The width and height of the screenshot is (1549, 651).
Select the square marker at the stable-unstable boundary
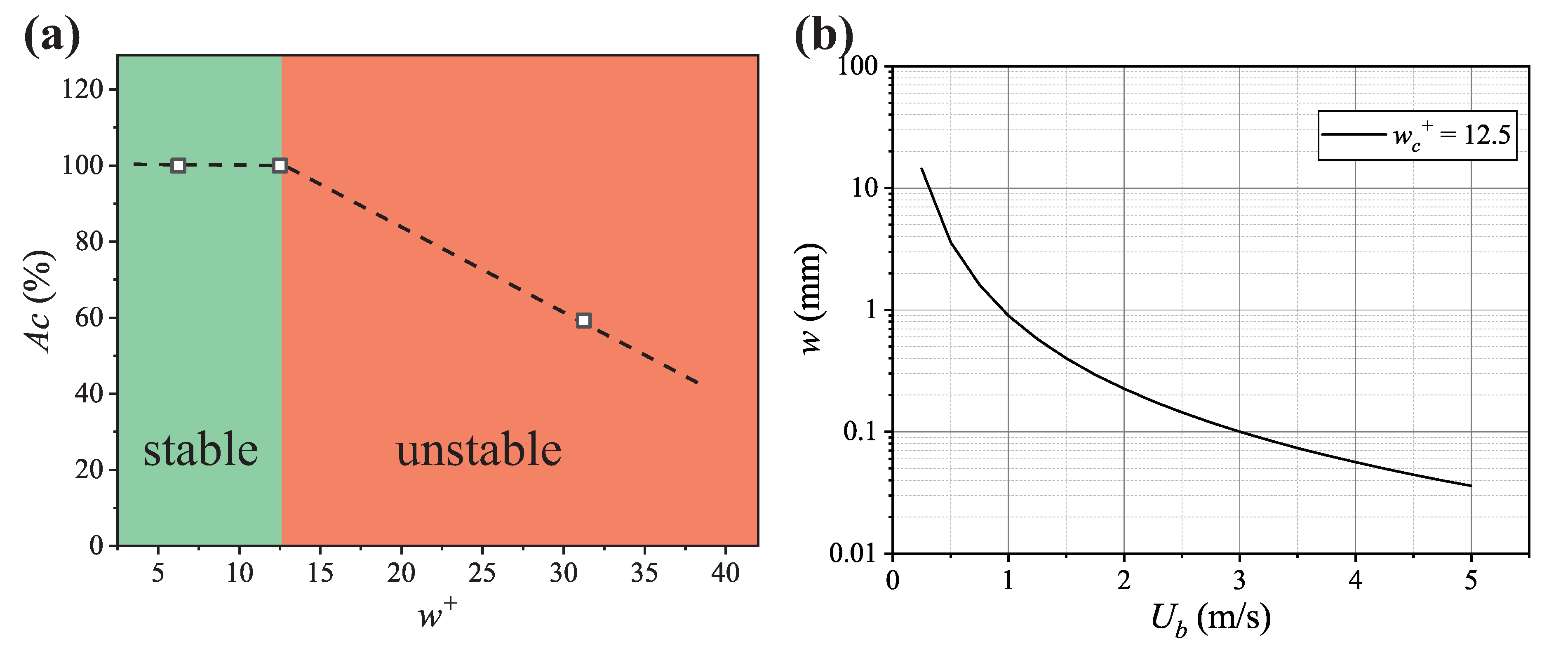click(x=280, y=165)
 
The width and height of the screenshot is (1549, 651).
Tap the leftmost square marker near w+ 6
click(x=178, y=165)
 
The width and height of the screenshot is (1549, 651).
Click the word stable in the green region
click(x=200, y=450)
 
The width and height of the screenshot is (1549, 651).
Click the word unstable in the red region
click(x=479, y=450)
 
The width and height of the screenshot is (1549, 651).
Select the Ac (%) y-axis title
click(x=39, y=301)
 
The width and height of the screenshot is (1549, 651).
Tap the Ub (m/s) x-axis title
click(x=1210, y=619)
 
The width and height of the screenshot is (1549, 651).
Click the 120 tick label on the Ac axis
click(x=82, y=89)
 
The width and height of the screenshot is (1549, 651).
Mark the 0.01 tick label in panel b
click(x=853, y=553)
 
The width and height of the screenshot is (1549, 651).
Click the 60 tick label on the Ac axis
click(x=88, y=317)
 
